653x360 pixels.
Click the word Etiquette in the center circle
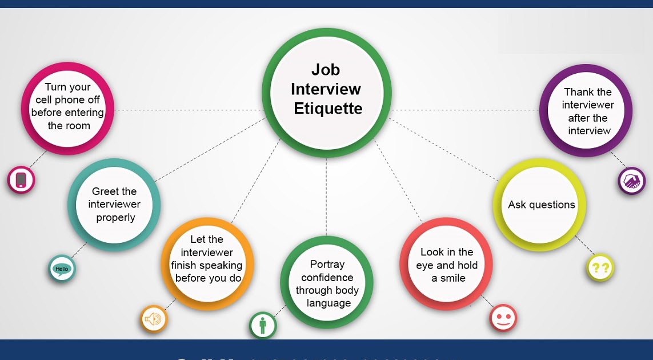click(x=328, y=109)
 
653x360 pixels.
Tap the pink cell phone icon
click(x=21, y=180)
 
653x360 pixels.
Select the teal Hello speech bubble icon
click(x=62, y=269)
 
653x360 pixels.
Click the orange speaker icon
click(x=154, y=319)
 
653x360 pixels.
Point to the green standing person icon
click(x=263, y=326)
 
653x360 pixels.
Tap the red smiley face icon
click(x=503, y=318)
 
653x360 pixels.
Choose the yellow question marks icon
click(x=600, y=267)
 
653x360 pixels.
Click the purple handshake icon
click(x=631, y=181)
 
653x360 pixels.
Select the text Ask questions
click(x=541, y=205)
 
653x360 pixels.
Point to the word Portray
click(x=327, y=264)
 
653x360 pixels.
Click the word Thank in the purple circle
click(x=576, y=92)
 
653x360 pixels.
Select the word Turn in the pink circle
click(x=55, y=87)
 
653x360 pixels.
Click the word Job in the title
click(x=326, y=70)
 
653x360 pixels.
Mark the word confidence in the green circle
click(x=327, y=277)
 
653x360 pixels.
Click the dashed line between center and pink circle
click(x=189, y=110)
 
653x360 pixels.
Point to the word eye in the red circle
click(x=424, y=265)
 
